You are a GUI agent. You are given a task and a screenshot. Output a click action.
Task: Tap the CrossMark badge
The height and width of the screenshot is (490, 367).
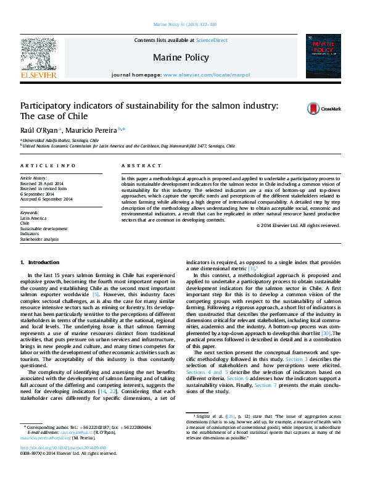click(324, 109)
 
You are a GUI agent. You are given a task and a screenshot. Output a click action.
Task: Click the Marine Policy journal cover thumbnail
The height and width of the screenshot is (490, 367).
click(327, 57)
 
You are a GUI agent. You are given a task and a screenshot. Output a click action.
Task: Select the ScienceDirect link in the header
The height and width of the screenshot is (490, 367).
click(212, 40)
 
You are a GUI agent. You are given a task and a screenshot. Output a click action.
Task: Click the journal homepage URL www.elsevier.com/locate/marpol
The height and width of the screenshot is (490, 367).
click(207, 75)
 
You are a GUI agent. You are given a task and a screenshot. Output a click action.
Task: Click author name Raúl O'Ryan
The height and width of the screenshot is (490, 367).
click(39, 130)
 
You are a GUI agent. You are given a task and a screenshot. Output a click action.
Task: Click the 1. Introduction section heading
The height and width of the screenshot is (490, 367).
click(40, 262)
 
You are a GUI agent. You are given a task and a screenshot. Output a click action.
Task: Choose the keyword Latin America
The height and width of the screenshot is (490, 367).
click(31, 219)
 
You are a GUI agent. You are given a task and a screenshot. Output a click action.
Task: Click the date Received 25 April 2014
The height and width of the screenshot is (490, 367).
click(41, 184)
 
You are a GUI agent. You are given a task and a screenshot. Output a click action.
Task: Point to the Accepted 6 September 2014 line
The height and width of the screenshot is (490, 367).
click(46, 199)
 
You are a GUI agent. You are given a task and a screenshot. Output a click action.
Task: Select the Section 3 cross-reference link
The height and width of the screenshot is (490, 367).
click(297, 359)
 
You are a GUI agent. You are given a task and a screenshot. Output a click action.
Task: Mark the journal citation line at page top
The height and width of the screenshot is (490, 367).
click(184, 25)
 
